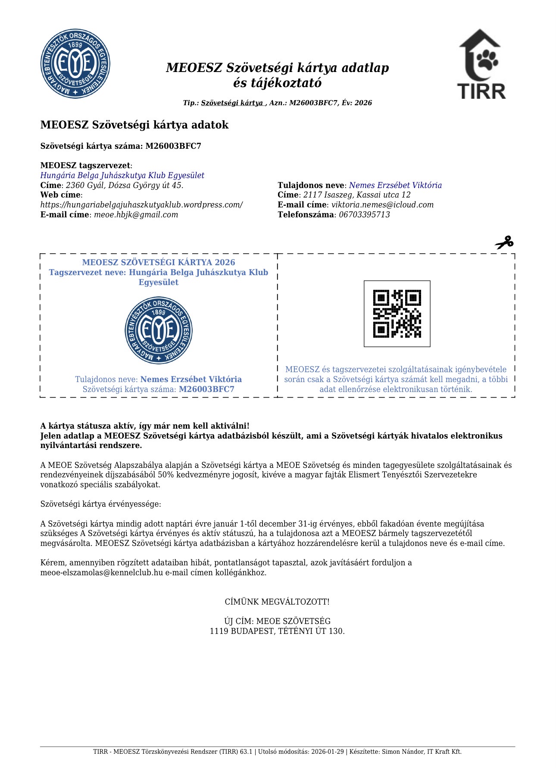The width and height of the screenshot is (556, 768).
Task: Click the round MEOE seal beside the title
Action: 75,64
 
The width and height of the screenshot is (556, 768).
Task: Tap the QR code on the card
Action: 397,313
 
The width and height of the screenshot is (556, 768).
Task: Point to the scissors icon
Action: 504,242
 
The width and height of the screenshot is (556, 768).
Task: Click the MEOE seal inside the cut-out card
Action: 159,330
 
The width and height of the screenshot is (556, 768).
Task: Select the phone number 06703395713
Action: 364,215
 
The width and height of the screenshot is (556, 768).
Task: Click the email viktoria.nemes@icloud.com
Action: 382,205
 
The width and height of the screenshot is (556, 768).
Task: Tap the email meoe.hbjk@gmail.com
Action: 136,215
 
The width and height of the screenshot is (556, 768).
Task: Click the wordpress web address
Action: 141,205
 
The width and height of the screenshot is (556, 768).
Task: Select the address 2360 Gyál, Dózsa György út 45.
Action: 125,185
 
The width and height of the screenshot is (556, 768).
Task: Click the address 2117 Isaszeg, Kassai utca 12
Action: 357,195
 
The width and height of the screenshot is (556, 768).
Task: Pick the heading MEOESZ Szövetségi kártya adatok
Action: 134,125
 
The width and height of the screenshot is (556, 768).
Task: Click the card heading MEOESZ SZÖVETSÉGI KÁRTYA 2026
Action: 159,262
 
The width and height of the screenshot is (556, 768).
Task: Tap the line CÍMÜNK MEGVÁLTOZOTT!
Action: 277,602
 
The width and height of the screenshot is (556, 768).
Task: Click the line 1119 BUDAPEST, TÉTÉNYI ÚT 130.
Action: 277,631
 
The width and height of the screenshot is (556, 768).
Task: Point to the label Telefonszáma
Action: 306,215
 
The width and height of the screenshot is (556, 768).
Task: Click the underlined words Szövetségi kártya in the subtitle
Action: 232,103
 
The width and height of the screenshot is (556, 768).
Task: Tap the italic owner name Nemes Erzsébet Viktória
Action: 395,185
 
